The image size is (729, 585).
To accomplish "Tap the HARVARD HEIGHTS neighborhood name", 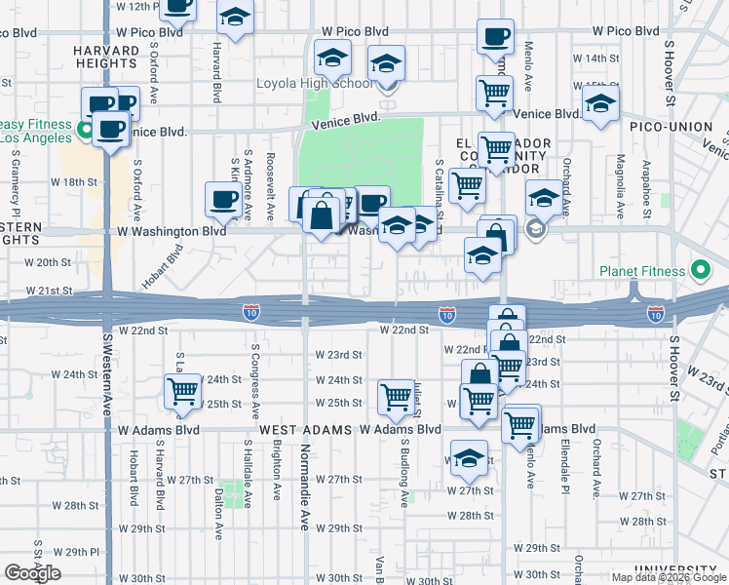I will (105, 57).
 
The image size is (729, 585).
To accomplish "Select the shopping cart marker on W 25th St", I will (396, 396).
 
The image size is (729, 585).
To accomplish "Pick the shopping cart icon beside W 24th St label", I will (182, 391).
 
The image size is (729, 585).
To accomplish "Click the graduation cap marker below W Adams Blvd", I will (469, 459).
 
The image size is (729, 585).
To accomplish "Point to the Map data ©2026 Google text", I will (669, 577).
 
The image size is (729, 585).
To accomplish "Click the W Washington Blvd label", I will (171, 232).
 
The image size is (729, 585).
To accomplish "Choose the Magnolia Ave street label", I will (620, 179).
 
